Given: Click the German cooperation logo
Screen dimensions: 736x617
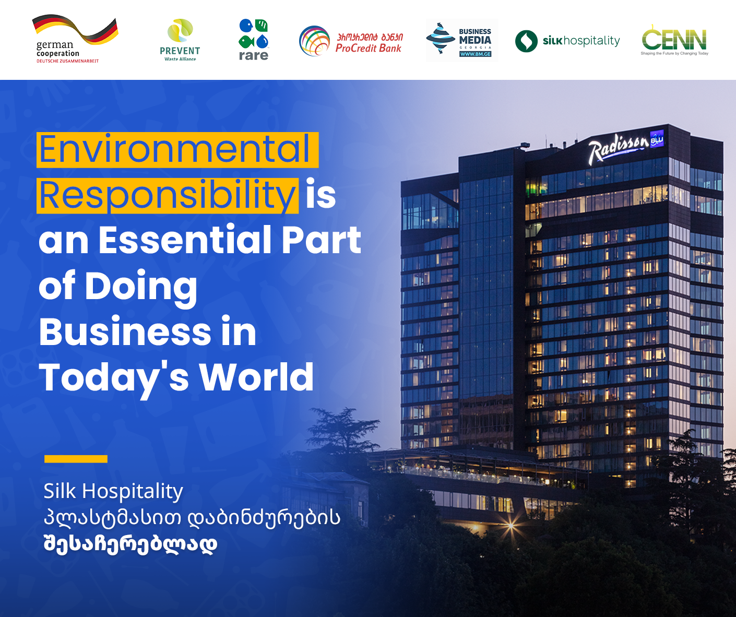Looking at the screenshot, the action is tap(76, 39).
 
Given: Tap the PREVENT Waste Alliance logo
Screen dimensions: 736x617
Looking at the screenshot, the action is tap(180, 40).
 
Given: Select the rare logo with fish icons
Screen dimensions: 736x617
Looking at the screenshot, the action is tap(254, 40).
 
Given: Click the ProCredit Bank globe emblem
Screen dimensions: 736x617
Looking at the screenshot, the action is tap(314, 41).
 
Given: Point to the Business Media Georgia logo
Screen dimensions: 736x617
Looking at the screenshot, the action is tap(462, 41).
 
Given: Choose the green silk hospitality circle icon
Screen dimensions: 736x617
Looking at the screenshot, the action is tap(526, 41).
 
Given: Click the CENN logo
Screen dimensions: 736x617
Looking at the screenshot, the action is tap(674, 40).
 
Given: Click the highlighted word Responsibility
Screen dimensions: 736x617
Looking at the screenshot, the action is tap(167, 196).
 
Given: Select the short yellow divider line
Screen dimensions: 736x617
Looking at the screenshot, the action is tap(76, 459).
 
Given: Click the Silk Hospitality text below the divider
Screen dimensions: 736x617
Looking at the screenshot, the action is tap(113, 491).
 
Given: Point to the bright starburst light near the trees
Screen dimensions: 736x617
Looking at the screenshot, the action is tap(510, 526).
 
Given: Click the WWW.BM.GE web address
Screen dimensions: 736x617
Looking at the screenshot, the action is tap(475, 54).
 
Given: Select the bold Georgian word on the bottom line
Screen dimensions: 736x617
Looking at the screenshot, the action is tap(130, 544).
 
